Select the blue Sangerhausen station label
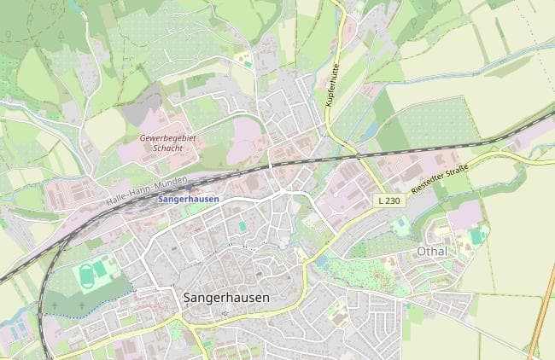tap(188, 199)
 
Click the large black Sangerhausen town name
tap(226, 298)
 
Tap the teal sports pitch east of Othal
tap(476, 235)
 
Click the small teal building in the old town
tap(242, 226)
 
